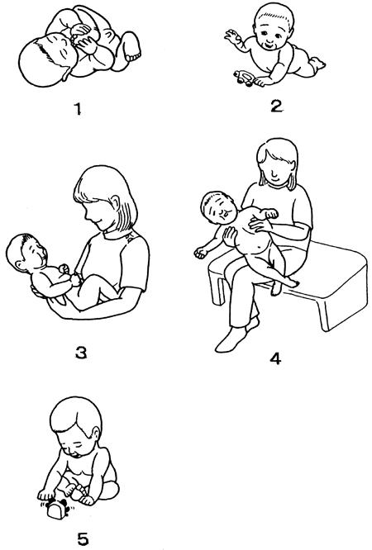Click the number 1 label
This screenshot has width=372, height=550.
pos(78,109)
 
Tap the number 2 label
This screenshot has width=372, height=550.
pos(276,106)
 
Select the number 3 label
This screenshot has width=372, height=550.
pos(81,353)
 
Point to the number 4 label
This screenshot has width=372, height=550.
pos(276,358)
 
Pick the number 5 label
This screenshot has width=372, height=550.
pos(83,539)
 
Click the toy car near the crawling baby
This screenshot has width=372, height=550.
pos(244,78)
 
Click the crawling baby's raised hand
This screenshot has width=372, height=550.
pos(233,36)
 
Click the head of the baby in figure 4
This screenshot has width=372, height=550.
pos(217,209)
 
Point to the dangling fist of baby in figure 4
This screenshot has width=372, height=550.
pos(201,252)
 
